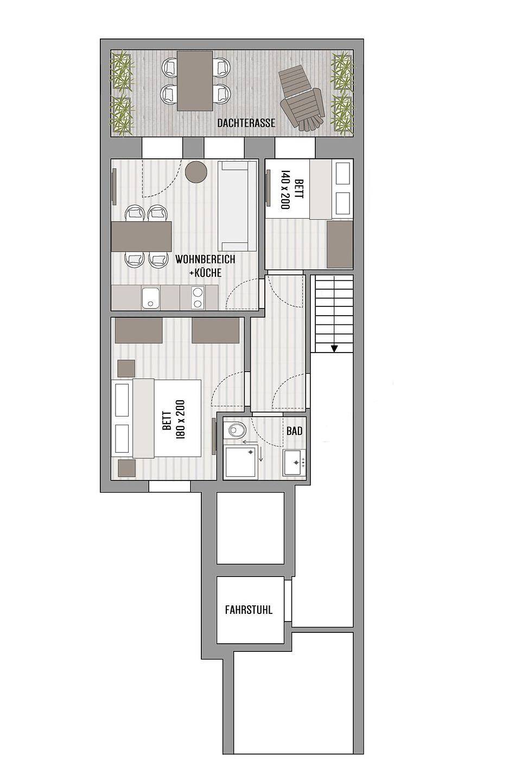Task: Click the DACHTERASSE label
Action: [246, 123]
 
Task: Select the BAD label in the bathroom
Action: [295, 431]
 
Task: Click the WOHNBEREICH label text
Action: [205, 259]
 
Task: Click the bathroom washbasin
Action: [294, 463]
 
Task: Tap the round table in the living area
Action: [196, 172]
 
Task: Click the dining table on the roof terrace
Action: [195, 80]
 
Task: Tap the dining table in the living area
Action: [142, 236]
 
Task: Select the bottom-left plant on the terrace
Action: [122, 115]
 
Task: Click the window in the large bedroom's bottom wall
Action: [169, 486]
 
